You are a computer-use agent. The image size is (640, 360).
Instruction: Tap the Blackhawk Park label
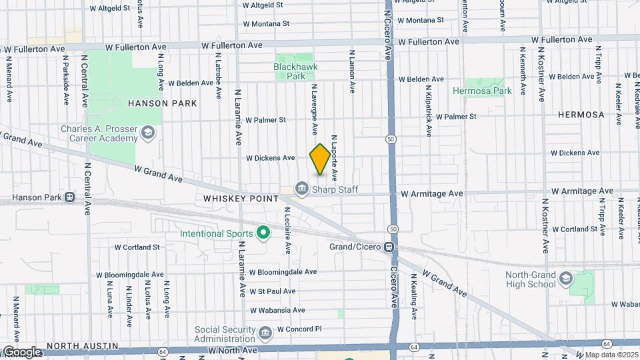[x=296, y=71]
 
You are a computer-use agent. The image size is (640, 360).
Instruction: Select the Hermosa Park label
[x=482, y=91]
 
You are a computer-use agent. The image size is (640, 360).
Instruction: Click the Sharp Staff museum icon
[x=302, y=190]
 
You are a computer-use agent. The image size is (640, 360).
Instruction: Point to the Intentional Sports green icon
[x=263, y=233]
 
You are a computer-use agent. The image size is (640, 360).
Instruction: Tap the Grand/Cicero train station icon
[x=388, y=247]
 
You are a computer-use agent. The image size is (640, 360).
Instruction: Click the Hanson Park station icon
[x=69, y=198]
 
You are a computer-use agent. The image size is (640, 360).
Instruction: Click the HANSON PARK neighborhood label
[x=162, y=103]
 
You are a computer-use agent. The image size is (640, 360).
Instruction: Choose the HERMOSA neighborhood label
[x=581, y=115]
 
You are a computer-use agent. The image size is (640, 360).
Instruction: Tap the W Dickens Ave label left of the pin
[x=270, y=158]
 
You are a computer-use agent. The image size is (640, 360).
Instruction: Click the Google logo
[x=21, y=352]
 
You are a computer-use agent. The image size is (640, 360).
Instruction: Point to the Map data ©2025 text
[x=611, y=355]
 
